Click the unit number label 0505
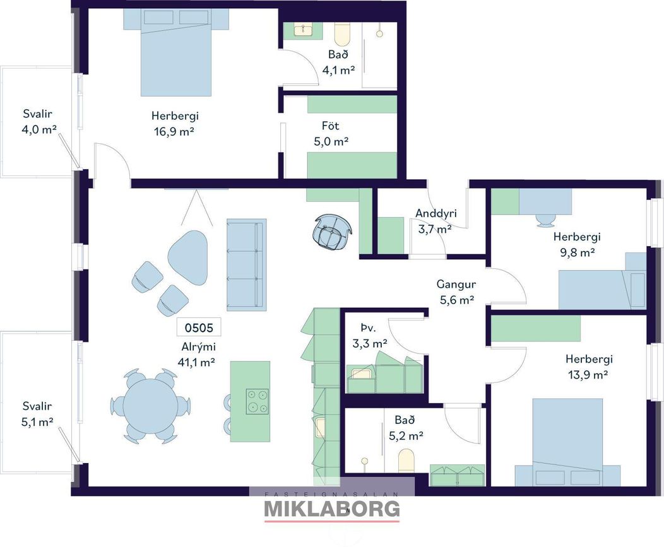click(x=199, y=327)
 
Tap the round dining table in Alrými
click(x=150, y=406)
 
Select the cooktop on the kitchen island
click(x=257, y=401)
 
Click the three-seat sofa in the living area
click(x=246, y=264)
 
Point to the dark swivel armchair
click(x=333, y=232)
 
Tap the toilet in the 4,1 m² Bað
click(x=341, y=34)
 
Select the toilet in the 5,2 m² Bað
click(x=406, y=460)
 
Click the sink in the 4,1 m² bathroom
click(x=303, y=30)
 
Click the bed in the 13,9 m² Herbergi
click(x=567, y=442)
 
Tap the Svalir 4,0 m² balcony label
click(x=38, y=122)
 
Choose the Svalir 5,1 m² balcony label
click(x=38, y=414)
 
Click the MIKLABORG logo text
click(x=332, y=509)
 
